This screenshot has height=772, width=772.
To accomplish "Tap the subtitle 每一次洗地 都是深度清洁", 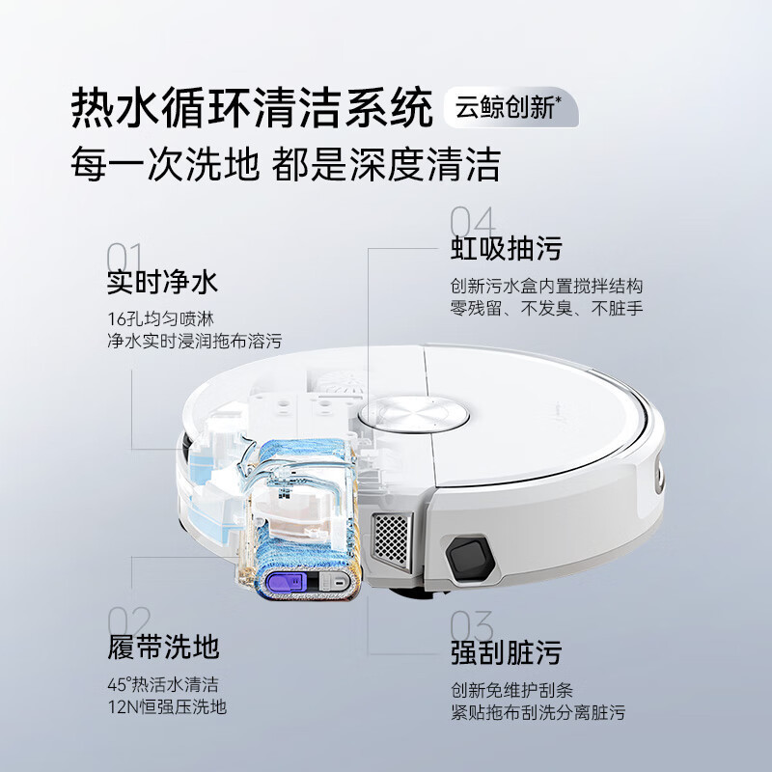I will [286, 164].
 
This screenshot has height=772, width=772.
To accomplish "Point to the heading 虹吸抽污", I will [506, 249].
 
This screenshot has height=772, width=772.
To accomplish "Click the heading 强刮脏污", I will [506, 652].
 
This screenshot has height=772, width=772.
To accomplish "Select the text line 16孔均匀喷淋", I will [168, 318].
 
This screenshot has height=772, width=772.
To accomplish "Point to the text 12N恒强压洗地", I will [168, 707].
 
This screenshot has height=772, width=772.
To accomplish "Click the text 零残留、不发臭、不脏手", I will [546, 309].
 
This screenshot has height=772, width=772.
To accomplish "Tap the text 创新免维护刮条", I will [511, 691].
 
